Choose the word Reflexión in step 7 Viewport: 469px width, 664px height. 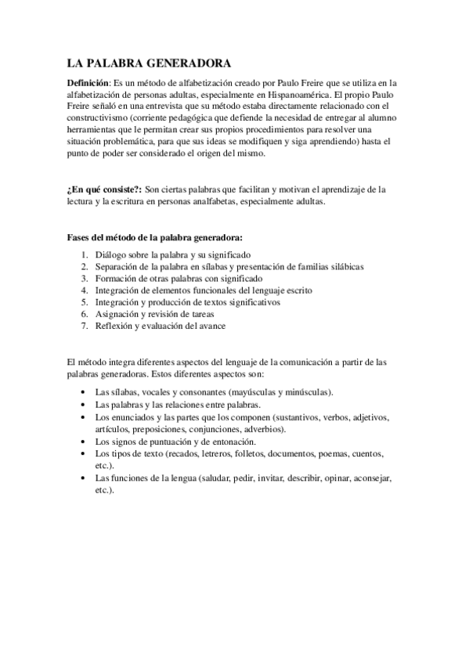116,325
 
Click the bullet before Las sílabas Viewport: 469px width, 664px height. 85,392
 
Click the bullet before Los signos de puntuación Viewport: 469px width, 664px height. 85,442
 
